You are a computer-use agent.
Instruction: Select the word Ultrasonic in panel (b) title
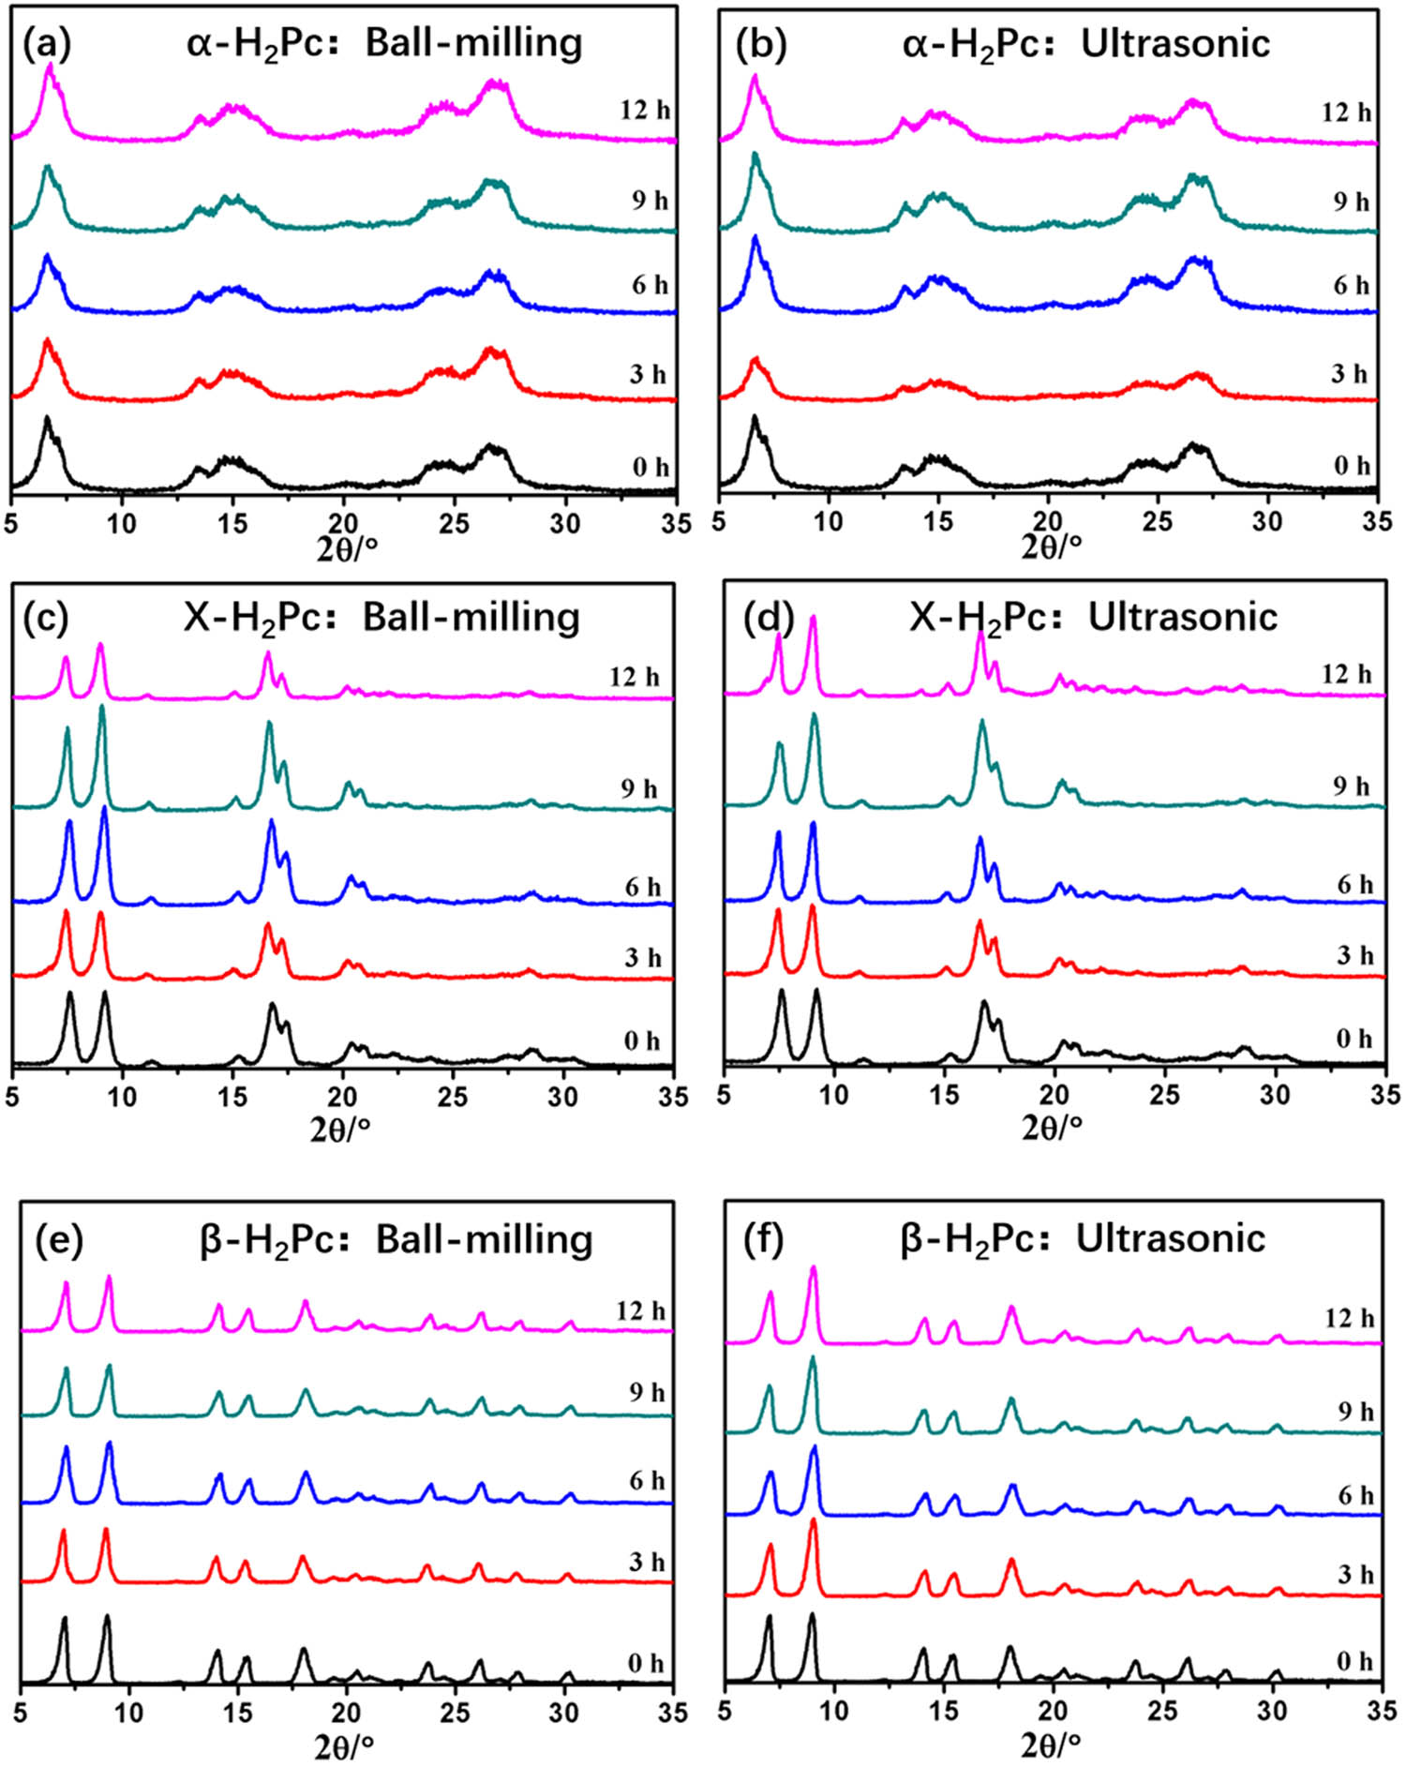[x=1175, y=44]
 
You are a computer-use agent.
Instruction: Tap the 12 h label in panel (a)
[x=645, y=111]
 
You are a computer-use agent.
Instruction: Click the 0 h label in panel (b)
[x=1352, y=466]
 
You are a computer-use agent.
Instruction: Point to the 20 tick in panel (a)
[x=344, y=522]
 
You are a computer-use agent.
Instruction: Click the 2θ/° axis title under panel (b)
[x=1053, y=546]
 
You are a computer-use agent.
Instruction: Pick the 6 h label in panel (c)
[x=642, y=887]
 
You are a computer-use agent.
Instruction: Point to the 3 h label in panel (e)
[x=647, y=1563]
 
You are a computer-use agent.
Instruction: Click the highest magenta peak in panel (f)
[x=813, y=1269]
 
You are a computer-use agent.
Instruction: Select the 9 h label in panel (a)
[x=650, y=201]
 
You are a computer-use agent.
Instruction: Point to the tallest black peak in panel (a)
[x=46, y=418]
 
